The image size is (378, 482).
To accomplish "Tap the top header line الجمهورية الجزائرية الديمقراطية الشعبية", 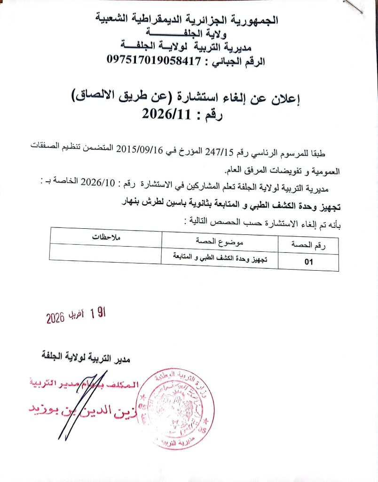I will (187, 20).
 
